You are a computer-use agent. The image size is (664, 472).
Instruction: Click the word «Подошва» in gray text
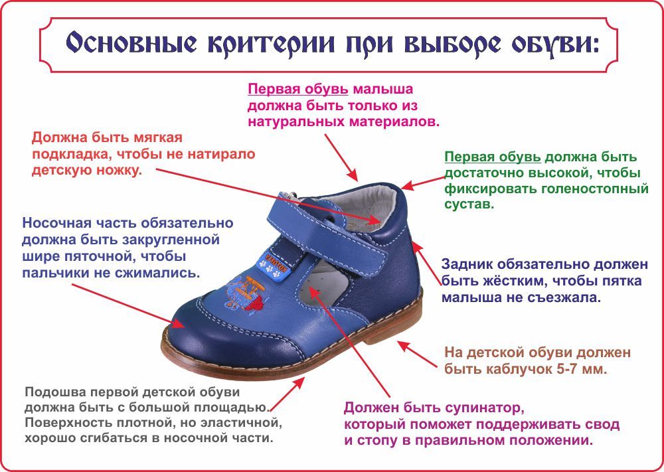click(54, 391)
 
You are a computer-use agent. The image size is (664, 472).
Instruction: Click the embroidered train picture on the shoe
click(244, 293)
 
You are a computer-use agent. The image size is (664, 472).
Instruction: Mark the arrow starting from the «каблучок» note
click(418, 354)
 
